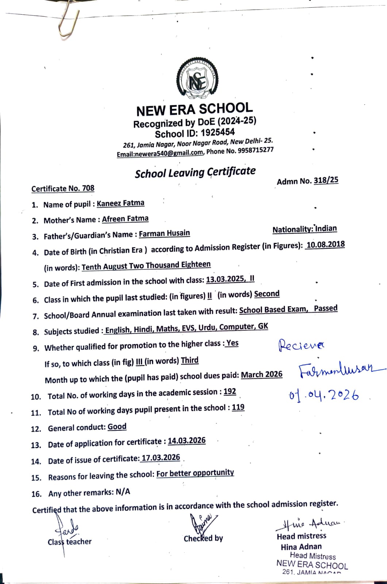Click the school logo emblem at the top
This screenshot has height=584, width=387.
click(197, 81)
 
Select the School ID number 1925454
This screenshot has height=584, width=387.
click(218, 132)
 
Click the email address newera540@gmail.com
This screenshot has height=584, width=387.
click(160, 153)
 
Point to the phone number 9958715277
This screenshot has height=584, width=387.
click(255, 150)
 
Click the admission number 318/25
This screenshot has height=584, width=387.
click(326, 180)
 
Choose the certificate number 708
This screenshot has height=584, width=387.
click(88, 188)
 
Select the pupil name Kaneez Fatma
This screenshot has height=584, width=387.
click(120, 203)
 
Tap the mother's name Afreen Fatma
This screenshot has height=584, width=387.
click(125, 219)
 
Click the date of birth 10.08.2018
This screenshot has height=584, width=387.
click(325, 245)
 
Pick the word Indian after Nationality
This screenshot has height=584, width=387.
click(326, 228)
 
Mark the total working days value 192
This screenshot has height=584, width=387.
click(230, 392)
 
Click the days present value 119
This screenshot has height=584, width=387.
click(238, 407)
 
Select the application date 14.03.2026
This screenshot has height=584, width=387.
click(187, 441)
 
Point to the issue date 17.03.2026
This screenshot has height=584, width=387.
click(161, 458)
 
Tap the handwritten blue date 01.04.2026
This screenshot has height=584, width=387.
click(323, 395)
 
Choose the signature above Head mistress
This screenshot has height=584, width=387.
click(308, 524)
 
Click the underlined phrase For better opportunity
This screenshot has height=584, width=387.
click(195, 473)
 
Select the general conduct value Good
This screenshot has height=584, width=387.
click(117, 427)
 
